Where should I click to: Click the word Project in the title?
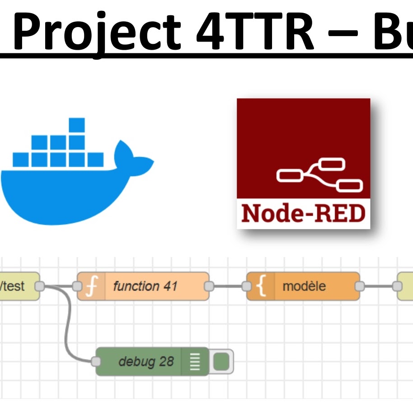pos(98,32)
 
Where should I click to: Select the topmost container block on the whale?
pos(77,126)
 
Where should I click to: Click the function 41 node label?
pos(145,286)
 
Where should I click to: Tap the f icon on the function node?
pos(91,286)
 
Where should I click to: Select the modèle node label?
pos(304,286)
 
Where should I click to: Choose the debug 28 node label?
pos(146,361)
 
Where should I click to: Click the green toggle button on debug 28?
pos(221,361)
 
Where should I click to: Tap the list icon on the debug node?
pos(195,361)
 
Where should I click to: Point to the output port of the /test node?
pos(40,286)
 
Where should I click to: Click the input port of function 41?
pos(77,286)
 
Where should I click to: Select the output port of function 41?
pos(209,286)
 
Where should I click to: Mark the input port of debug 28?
pos(96,361)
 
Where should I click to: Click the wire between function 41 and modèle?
pos(228,286)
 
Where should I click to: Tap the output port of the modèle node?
pos(360,286)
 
